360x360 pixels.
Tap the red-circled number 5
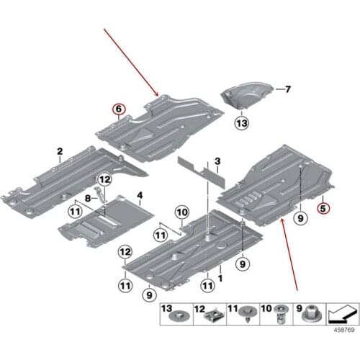click(323, 210)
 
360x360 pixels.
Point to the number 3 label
click(217, 159)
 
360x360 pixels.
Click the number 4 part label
click(140, 194)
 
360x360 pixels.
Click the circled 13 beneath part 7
click(240, 123)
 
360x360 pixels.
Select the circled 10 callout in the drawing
click(181, 212)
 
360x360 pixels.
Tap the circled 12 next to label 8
click(104, 179)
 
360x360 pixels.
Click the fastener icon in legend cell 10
click(276, 314)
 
